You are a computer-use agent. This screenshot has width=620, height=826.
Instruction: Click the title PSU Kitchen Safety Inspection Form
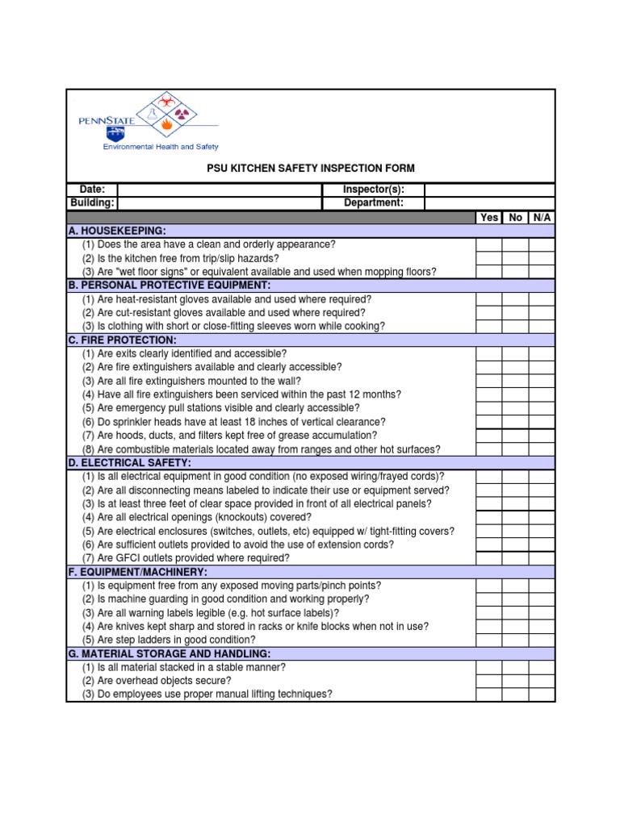click(x=310, y=169)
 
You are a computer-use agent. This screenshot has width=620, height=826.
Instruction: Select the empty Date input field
click(x=218, y=190)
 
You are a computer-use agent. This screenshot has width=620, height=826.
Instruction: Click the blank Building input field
click(x=218, y=203)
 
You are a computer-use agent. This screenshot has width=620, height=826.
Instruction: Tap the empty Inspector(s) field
click(x=489, y=190)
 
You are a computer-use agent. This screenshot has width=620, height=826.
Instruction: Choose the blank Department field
click(x=489, y=203)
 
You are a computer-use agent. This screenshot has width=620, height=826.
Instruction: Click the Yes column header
click(x=489, y=218)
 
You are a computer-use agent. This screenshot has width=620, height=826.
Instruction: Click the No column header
click(x=515, y=218)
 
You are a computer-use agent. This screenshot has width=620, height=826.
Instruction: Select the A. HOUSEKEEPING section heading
click(x=117, y=232)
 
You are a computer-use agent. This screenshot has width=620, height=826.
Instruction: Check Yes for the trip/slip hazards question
click(x=489, y=259)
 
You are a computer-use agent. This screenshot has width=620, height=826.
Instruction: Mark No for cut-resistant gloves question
click(x=515, y=313)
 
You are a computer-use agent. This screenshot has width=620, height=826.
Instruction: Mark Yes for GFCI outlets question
click(x=489, y=558)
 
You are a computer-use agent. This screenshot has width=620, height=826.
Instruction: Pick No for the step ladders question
click(x=515, y=640)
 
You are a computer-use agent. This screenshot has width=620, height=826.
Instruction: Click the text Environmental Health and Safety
click(x=160, y=147)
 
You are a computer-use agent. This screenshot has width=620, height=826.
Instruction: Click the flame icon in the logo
click(x=166, y=125)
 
